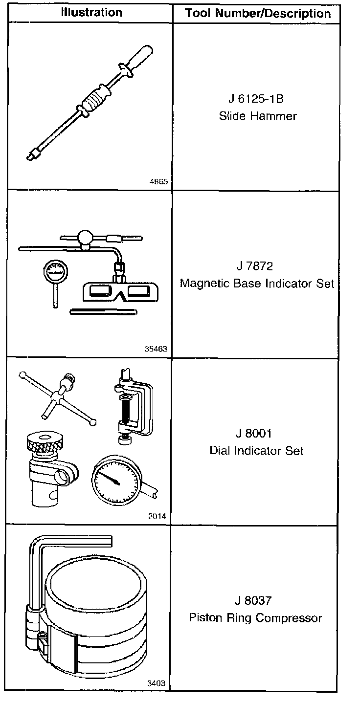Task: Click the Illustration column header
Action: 91,12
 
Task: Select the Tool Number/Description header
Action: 258,14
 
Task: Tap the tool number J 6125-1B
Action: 256,99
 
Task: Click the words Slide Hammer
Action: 257,116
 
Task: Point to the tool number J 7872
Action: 254,266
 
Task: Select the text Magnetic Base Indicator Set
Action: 257,283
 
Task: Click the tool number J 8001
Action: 253,434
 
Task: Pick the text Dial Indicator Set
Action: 256,450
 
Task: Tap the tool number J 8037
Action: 254,600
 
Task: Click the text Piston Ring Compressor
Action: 255,617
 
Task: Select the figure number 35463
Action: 156,349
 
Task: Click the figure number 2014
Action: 157,516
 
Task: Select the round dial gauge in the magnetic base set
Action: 54,271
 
